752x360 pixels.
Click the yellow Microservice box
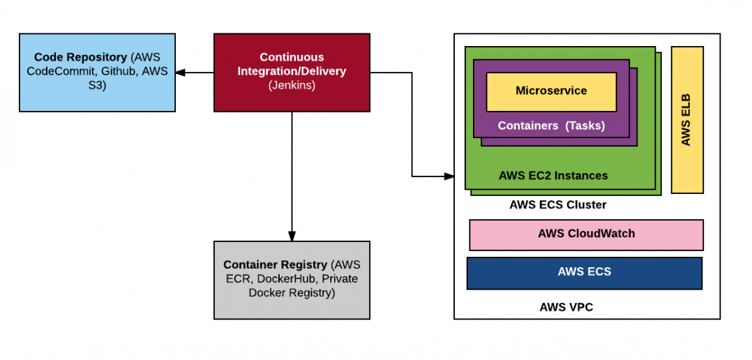[551, 91]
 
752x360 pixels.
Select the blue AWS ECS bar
[584, 273]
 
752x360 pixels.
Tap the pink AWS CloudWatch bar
[586, 234]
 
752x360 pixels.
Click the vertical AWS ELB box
[686, 120]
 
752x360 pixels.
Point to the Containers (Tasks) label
[551, 126]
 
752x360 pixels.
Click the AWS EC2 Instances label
[553, 176]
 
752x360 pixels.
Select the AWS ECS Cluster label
[557, 205]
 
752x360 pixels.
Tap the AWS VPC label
[566, 307]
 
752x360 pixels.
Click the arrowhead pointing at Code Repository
[181, 73]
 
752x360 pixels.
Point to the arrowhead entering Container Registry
[292, 236]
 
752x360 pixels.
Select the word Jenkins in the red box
[292, 85]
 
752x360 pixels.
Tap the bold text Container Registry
[275, 265]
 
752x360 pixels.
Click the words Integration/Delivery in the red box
[292, 71]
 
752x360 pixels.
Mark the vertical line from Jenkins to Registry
[292, 174]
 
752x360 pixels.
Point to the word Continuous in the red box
[292, 57]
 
